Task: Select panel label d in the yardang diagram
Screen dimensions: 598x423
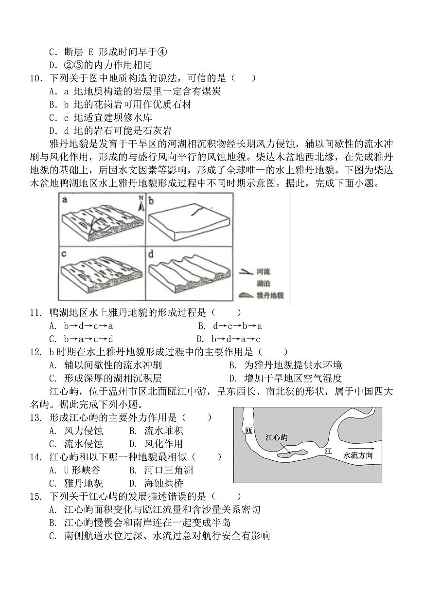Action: pos(152,254)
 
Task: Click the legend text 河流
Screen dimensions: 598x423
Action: pos(264,271)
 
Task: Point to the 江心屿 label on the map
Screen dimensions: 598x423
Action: pos(276,437)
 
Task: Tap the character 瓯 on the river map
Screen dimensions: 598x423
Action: pos(249,431)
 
